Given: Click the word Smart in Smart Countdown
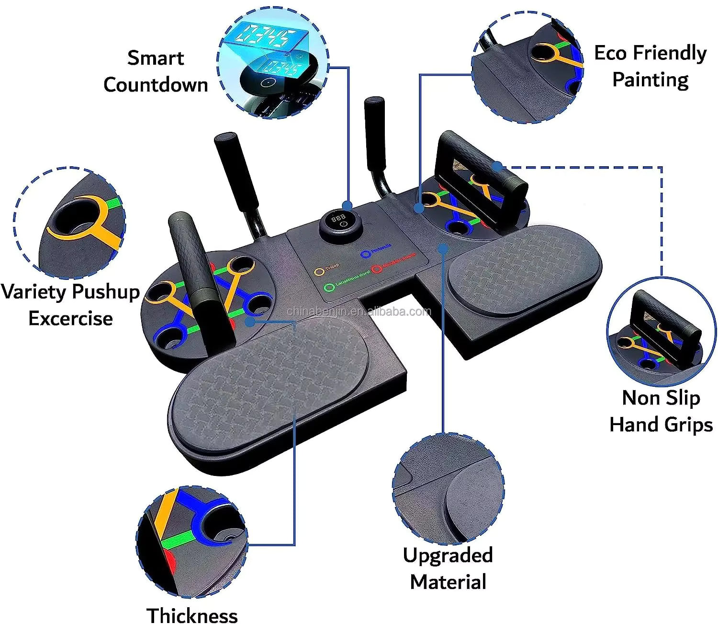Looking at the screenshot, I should (x=156, y=58).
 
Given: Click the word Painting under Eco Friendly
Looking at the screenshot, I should (x=650, y=80).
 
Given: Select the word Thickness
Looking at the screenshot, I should (x=192, y=615).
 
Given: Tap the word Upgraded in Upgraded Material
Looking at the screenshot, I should (x=448, y=555).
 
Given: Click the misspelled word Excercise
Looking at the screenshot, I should (x=70, y=318).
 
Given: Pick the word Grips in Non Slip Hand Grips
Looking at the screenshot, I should (x=688, y=425).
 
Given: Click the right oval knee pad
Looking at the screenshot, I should (x=525, y=268).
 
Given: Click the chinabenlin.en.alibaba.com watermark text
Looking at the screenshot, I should (x=359, y=312).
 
